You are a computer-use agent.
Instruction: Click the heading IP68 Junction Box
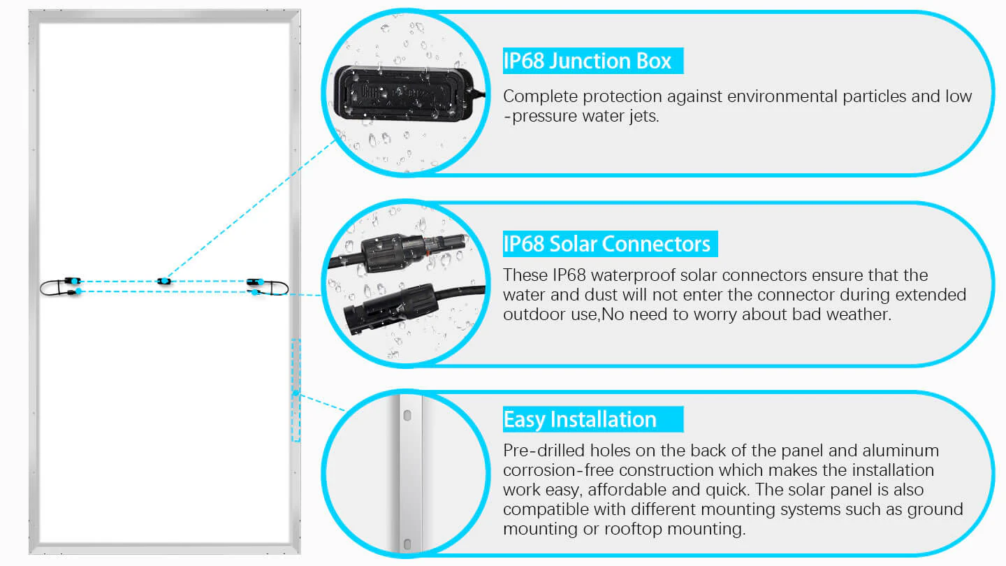click(x=587, y=61)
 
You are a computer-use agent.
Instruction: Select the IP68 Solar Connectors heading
click(x=606, y=245)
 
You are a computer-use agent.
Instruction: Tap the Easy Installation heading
click(x=579, y=419)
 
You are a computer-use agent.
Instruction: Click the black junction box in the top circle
click(x=404, y=94)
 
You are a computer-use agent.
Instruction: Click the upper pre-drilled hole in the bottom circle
click(x=407, y=416)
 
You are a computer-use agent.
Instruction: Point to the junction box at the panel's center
click(x=164, y=281)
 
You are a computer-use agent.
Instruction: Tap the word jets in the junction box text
click(x=644, y=116)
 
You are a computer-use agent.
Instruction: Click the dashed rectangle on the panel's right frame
click(x=296, y=390)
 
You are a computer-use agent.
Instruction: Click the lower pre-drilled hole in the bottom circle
click(x=407, y=544)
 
